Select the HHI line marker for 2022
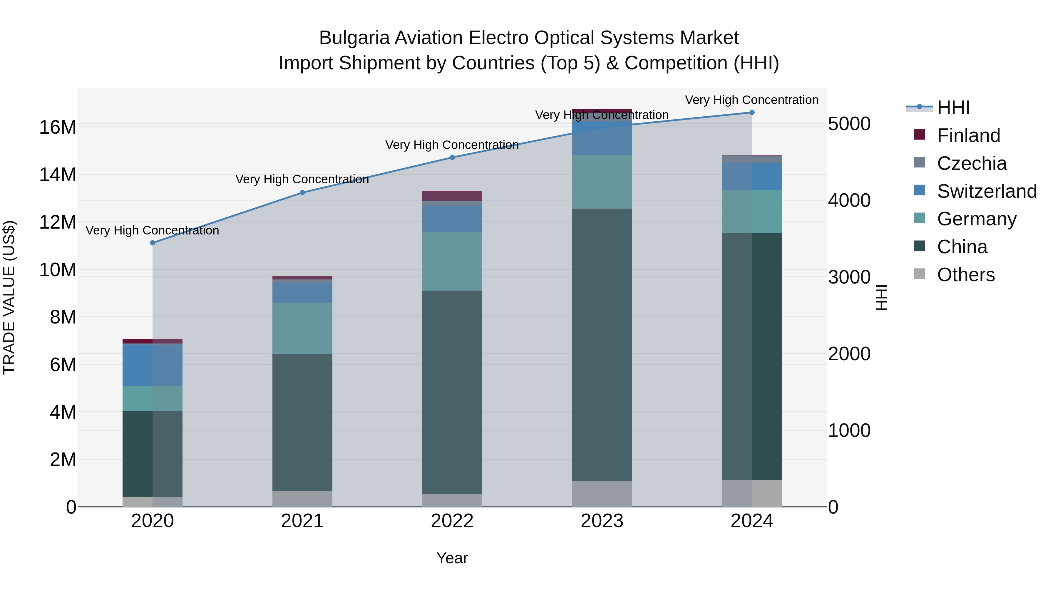[452, 157]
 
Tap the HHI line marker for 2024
[752, 113]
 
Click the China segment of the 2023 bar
[602, 345]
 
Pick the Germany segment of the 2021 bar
[302, 328]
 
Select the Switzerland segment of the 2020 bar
[152, 365]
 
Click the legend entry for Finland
[968, 135]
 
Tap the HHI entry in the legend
[953, 108]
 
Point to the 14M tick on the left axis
[58, 175]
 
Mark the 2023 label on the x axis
[602, 521]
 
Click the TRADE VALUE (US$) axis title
[9, 297]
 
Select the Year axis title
[452, 558]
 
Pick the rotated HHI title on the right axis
[881, 297]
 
